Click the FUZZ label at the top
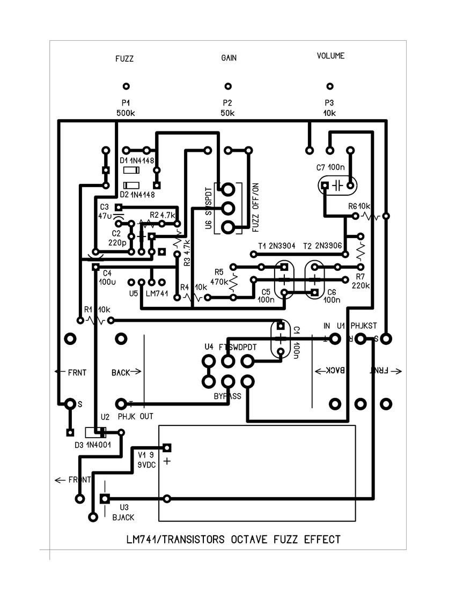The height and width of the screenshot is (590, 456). click(x=124, y=60)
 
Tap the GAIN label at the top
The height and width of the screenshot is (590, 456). click(x=229, y=57)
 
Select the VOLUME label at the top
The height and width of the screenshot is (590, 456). click(x=330, y=56)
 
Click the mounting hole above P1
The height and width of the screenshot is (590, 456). click(x=126, y=86)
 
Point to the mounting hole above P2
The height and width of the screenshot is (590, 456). click(x=228, y=86)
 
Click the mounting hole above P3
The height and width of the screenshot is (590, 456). click(x=330, y=86)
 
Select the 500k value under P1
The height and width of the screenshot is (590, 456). click(x=126, y=113)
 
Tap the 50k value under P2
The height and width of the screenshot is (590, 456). click(x=227, y=113)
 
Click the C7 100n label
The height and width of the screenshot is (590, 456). click(x=330, y=167)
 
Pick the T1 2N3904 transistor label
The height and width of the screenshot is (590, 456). click(x=276, y=246)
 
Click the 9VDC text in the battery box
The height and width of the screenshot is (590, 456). click(x=146, y=465)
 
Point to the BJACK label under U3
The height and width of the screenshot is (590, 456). click(x=123, y=517)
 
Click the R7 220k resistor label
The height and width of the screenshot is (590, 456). click(x=361, y=282)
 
